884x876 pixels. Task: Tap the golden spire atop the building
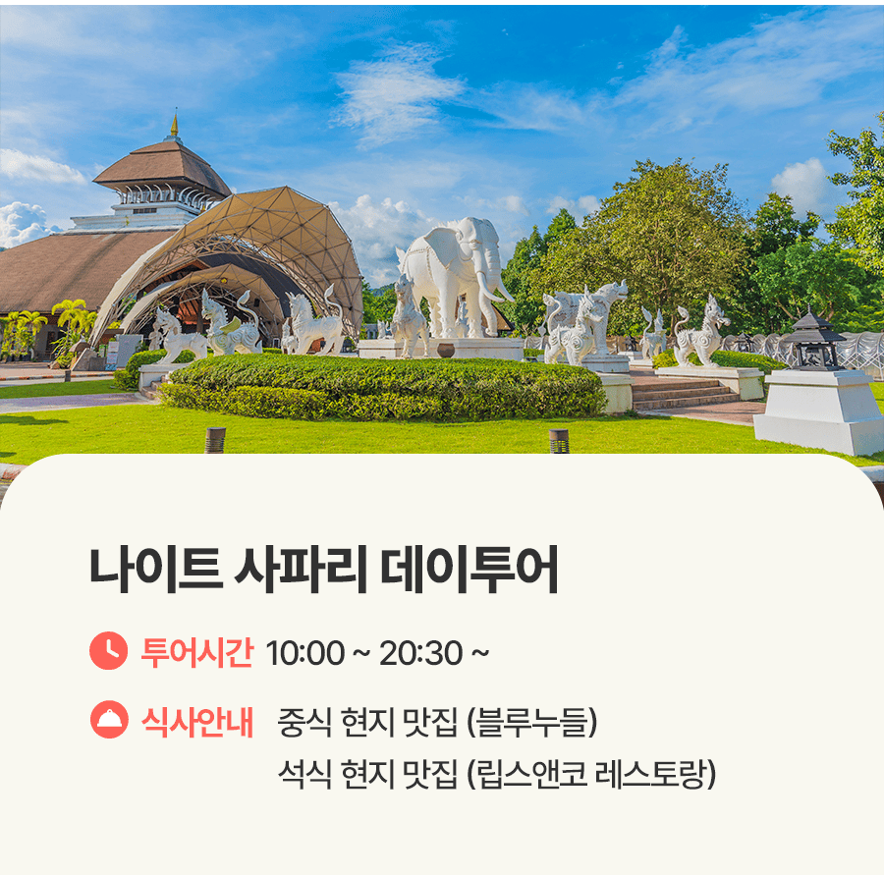point(174,123)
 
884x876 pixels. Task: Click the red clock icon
point(108,651)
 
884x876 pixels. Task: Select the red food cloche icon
point(109,719)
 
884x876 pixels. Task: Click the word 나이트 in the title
point(156,570)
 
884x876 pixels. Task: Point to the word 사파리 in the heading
point(302,570)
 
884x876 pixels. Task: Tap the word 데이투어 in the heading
point(470,570)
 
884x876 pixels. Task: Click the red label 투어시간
point(196,652)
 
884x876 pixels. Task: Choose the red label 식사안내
point(196,721)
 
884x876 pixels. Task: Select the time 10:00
point(305,653)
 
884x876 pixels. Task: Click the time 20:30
point(420,653)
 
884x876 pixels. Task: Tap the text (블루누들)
point(531,722)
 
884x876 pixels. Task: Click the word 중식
point(304,722)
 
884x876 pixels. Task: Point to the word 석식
point(304,774)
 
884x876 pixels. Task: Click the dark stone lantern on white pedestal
point(814,340)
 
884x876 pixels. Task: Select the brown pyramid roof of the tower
point(162,167)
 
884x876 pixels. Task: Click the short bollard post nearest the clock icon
point(215,440)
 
